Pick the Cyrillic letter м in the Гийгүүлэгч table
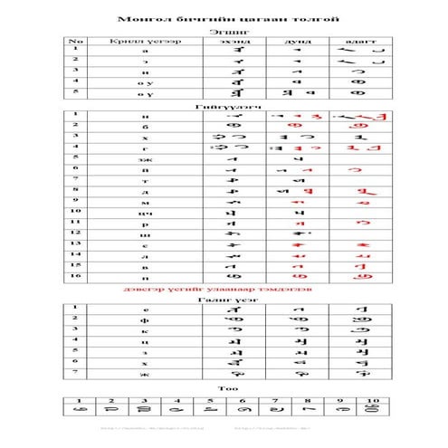click(x=145, y=201)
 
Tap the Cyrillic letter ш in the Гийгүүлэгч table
click(x=145, y=234)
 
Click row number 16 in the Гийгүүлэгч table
click(x=78, y=276)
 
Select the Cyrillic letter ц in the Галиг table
click(x=145, y=340)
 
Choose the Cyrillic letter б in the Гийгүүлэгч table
click(x=145, y=125)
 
